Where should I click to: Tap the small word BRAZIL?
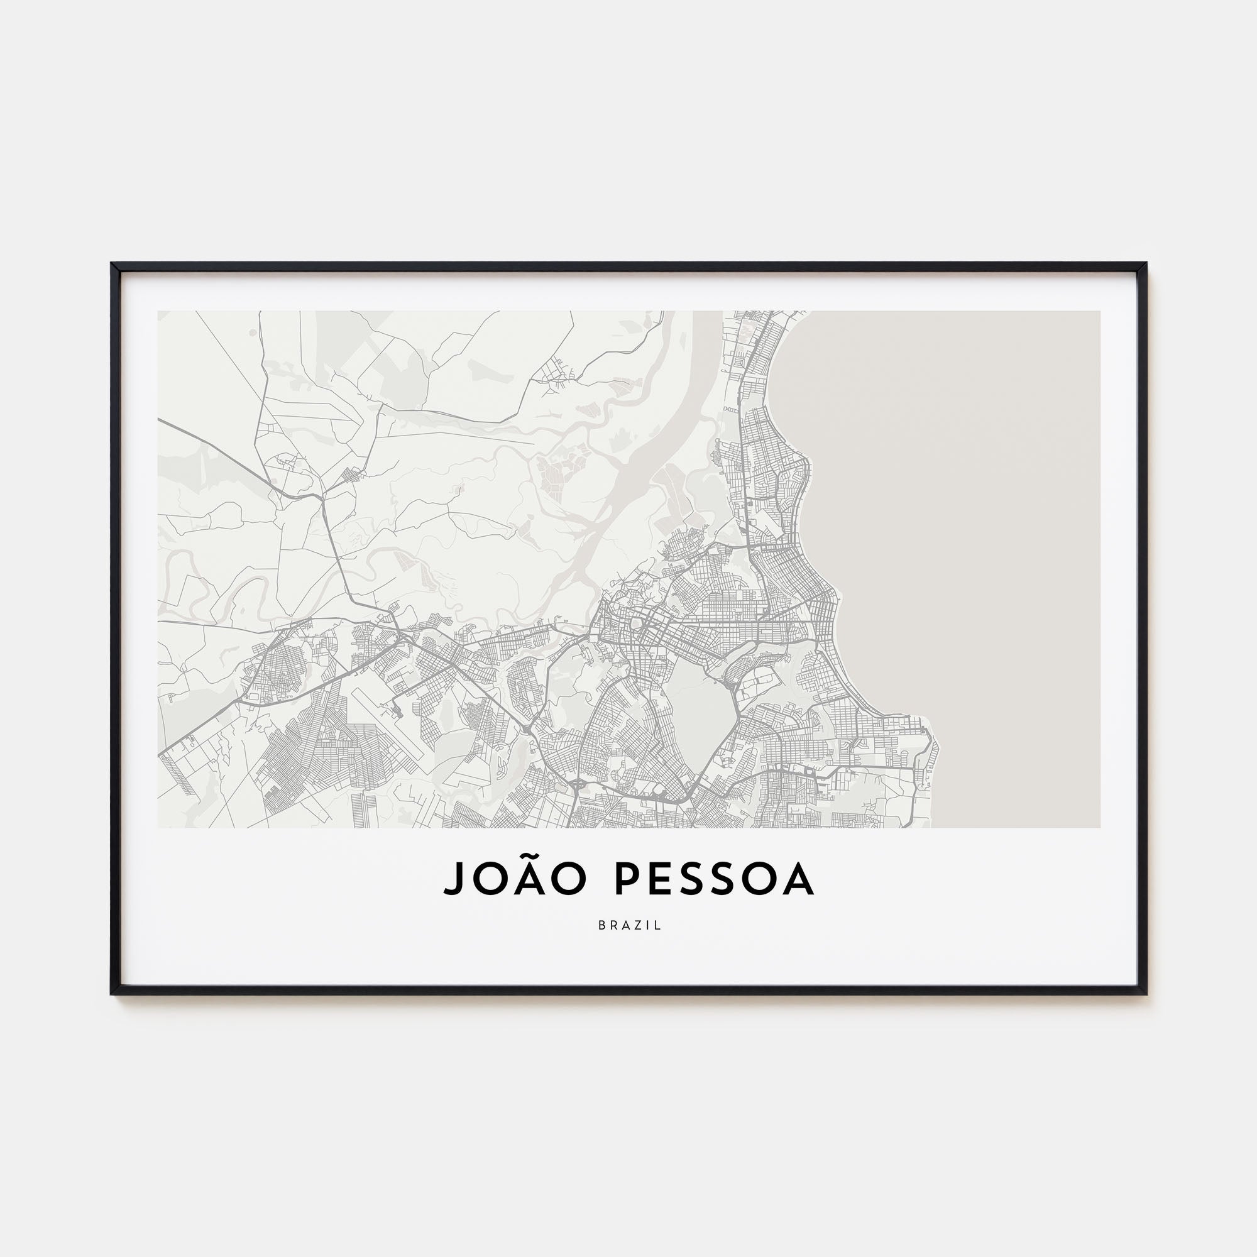click(x=629, y=925)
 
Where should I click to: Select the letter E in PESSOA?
click(x=659, y=879)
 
